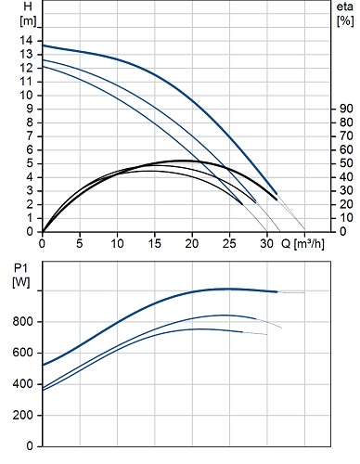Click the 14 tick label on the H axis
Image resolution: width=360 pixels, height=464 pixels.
(26, 40)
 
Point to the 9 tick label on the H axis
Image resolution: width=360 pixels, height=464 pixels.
(30, 109)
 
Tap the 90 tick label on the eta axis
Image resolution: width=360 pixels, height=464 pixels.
(346, 109)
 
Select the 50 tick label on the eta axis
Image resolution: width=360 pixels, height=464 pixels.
(346, 163)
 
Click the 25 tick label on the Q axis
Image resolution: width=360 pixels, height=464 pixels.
(229, 244)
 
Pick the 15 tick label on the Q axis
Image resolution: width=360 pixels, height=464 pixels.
(154, 244)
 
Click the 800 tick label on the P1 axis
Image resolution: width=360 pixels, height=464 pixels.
(22, 322)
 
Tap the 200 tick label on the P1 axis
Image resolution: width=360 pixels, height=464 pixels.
(22, 415)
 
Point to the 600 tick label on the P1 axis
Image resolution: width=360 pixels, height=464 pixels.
(22, 353)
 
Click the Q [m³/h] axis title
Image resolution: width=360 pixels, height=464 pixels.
(302, 244)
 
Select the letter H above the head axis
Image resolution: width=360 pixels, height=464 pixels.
(28, 6)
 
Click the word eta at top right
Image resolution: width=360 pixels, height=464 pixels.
(345, 6)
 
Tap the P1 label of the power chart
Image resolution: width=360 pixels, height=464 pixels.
(20, 268)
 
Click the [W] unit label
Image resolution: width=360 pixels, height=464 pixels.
(21, 282)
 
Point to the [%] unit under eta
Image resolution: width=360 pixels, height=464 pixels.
(345, 21)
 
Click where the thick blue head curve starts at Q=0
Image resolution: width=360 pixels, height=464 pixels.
(43, 45)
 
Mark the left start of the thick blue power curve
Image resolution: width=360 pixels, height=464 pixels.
(43, 365)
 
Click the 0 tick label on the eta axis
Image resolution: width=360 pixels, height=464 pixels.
(343, 231)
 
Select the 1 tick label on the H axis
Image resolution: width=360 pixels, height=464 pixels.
(30, 218)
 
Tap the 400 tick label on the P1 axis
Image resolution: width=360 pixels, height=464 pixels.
(22, 384)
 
